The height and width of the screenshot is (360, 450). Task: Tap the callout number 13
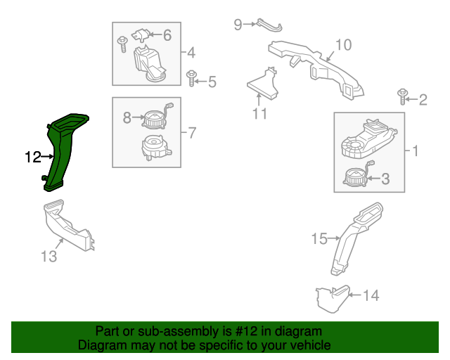coord(49,256)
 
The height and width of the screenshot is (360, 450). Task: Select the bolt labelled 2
coord(403,97)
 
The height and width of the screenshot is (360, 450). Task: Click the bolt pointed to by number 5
coord(191,78)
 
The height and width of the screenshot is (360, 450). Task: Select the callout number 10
coord(344,45)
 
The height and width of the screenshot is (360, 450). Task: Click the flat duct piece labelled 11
coord(262,84)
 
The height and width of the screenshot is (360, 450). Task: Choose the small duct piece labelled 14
coord(333,299)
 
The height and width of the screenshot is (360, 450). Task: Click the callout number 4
coord(191,53)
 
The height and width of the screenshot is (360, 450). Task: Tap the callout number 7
coord(192,133)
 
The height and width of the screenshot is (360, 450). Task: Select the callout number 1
coord(416,151)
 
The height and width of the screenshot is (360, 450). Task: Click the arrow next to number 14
coord(355,295)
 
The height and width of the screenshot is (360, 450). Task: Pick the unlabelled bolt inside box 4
coord(122,44)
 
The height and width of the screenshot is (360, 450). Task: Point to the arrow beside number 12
coord(47,157)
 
